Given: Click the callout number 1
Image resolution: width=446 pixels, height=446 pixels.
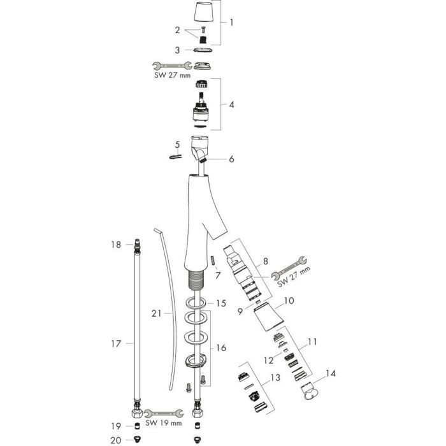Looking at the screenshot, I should point(231,22).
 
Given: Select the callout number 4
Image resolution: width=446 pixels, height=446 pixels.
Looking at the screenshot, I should point(231,104).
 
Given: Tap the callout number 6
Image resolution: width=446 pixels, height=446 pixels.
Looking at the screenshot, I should point(231,159).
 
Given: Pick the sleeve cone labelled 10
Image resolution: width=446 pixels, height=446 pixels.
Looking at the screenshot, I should point(265,317).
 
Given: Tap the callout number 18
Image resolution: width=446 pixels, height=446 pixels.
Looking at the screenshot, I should point(115,245).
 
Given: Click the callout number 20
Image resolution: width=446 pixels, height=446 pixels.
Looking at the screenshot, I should point(115,440).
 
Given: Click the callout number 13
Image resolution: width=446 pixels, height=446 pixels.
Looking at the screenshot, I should point(275,378).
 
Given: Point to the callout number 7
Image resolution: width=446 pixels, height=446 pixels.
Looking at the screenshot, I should point(219,275).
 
